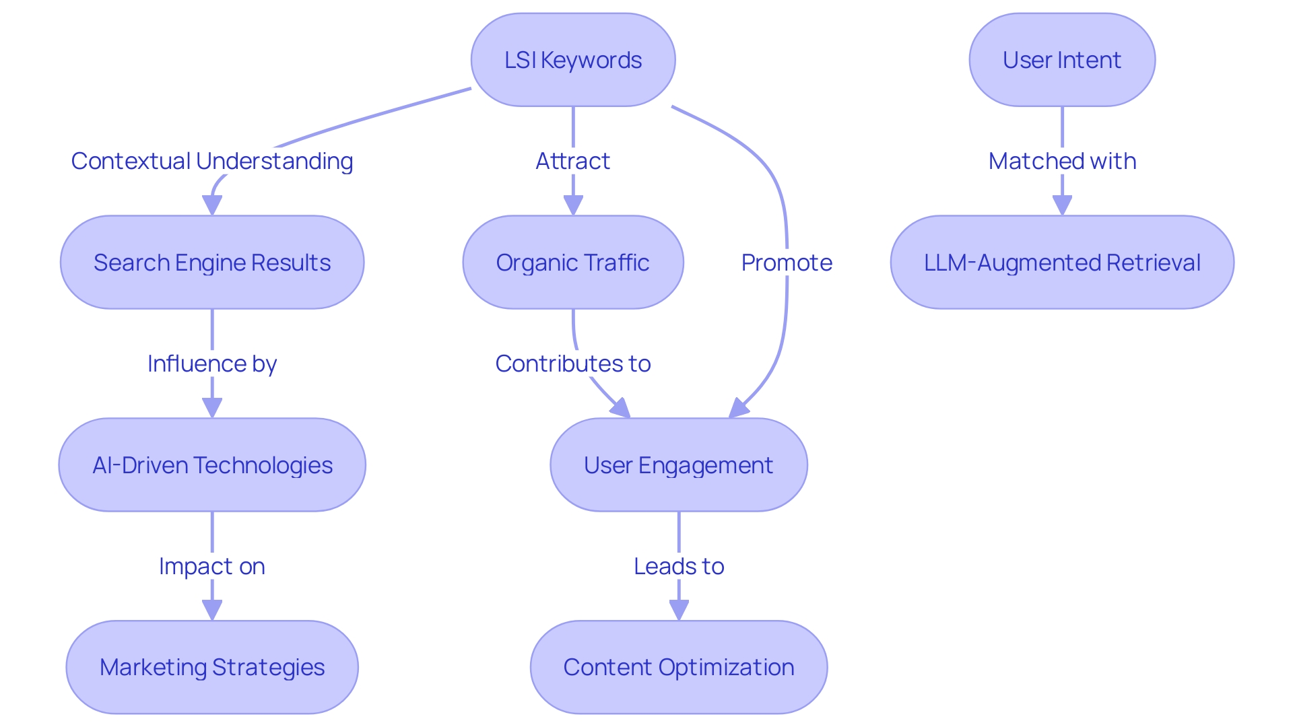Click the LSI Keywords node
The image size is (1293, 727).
(x=573, y=60)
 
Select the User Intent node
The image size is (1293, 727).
(x=1062, y=60)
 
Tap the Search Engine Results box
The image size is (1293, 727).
(x=212, y=263)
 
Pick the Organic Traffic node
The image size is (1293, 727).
(x=573, y=263)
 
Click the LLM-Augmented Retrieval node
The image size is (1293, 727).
(x=1062, y=263)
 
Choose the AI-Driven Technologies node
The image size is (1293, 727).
(x=212, y=465)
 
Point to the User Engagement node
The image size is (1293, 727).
(x=679, y=465)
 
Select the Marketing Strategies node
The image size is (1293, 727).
(x=212, y=667)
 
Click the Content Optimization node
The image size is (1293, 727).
(x=679, y=667)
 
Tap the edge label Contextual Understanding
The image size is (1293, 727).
(x=212, y=162)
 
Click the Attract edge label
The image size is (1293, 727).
(x=573, y=162)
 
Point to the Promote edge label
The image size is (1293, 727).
(x=787, y=263)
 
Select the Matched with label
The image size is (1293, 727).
(x=1062, y=162)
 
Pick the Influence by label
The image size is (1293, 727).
(x=212, y=364)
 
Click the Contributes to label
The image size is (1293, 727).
(x=573, y=364)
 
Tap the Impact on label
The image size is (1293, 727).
(x=212, y=567)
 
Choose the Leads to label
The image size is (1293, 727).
(x=679, y=567)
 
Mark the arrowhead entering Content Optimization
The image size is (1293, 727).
(x=679, y=610)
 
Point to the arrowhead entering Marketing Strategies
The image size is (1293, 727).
(x=212, y=610)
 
